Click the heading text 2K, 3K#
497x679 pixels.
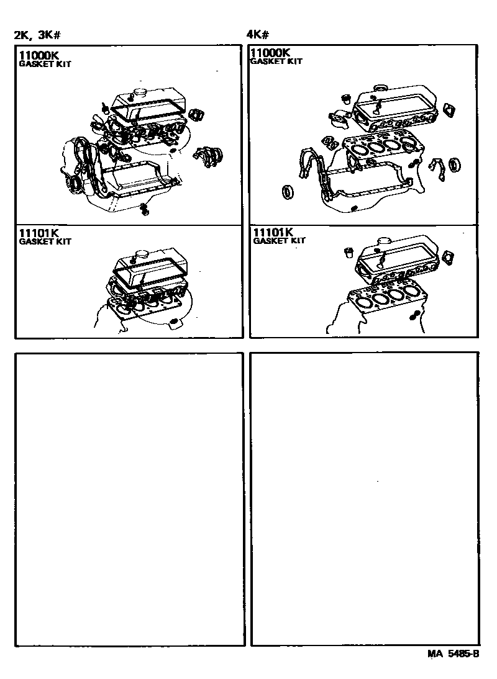pyautogui.click(x=37, y=35)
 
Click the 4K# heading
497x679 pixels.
pyautogui.click(x=257, y=35)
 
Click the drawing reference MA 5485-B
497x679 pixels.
pyautogui.click(x=454, y=654)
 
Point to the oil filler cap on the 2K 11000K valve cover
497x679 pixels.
pyautogui.click(x=140, y=94)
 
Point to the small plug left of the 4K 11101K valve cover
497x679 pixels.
pyautogui.click(x=349, y=252)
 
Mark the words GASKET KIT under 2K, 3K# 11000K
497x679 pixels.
pyautogui.click(x=45, y=63)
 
